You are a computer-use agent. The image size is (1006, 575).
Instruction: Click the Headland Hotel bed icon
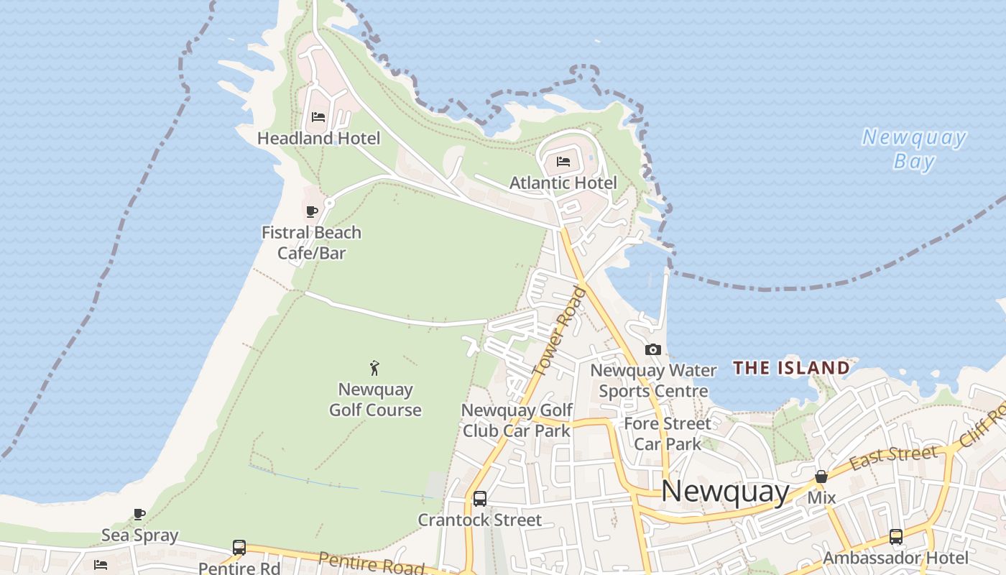click(318, 117)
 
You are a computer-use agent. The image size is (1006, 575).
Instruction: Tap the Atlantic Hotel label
click(563, 183)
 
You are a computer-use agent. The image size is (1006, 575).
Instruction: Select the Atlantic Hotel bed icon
click(563, 162)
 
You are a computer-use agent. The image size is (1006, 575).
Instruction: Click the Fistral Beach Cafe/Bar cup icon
click(312, 211)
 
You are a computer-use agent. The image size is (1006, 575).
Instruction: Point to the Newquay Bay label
click(914, 149)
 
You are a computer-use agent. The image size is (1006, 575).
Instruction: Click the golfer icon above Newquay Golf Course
click(374, 369)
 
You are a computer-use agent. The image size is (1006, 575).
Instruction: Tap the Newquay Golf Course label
click(375, 400)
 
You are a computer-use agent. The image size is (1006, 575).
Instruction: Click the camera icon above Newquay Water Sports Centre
click(653, 350)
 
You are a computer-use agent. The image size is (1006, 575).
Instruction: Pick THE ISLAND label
click(791, 369)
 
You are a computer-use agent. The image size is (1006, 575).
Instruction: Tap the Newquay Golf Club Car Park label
click(517, 420)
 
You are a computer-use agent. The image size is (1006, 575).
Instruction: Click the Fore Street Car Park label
click(668, 433)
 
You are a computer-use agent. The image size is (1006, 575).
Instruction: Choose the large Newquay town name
click(724, 491)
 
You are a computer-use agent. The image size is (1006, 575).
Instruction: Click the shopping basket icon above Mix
click(821, 477)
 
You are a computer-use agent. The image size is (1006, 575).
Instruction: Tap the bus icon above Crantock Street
click(480, 498)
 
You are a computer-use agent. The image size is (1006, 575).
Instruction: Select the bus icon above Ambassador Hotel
click(896, 536)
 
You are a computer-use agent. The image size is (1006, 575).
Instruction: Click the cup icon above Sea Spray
click(139, 514)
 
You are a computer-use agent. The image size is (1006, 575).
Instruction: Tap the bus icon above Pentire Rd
click(239, 548)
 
